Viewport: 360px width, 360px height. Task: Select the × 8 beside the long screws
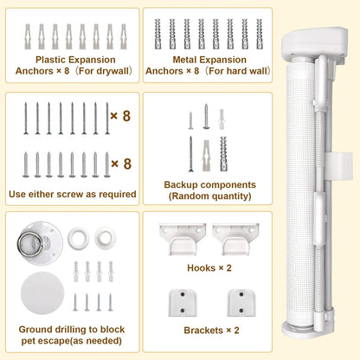click(120, 116)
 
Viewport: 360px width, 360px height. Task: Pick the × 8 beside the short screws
click(121, 164)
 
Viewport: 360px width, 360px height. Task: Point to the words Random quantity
click(210, 196)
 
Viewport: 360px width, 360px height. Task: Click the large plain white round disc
click(42, 292)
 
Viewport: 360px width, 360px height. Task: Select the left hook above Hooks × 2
click(183, 239)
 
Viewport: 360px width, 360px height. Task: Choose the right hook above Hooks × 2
click(235, 239)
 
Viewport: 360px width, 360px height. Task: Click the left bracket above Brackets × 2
click(183, 303)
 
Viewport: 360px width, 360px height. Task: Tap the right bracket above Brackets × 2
click(241, 303)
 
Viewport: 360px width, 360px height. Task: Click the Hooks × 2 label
click(209, 268)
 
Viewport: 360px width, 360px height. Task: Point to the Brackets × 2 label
click(212, 331)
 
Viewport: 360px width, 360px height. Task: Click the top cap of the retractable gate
click(314, 42)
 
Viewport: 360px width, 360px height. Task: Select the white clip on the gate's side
click(340, 166)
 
